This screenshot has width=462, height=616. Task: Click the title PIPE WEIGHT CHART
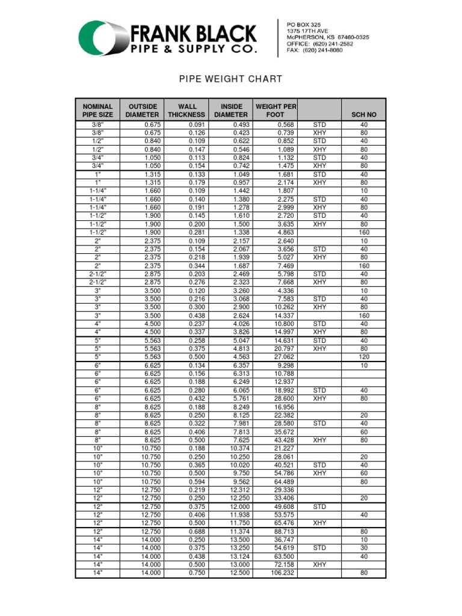pyautogui.click(x=232, y=79)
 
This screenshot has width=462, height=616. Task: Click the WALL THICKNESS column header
pyautogui.click(x=187, y=110)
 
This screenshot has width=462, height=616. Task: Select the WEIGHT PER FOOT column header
pyautogui.click(x=276, y=110)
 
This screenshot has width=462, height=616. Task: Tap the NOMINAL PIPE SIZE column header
pyautogui.click(x=97, y=110)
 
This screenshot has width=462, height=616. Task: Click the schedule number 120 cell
pyautogui.click(x=364, y=357)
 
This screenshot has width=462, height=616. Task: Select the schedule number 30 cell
pyautogui.click(x=364, y=548)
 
